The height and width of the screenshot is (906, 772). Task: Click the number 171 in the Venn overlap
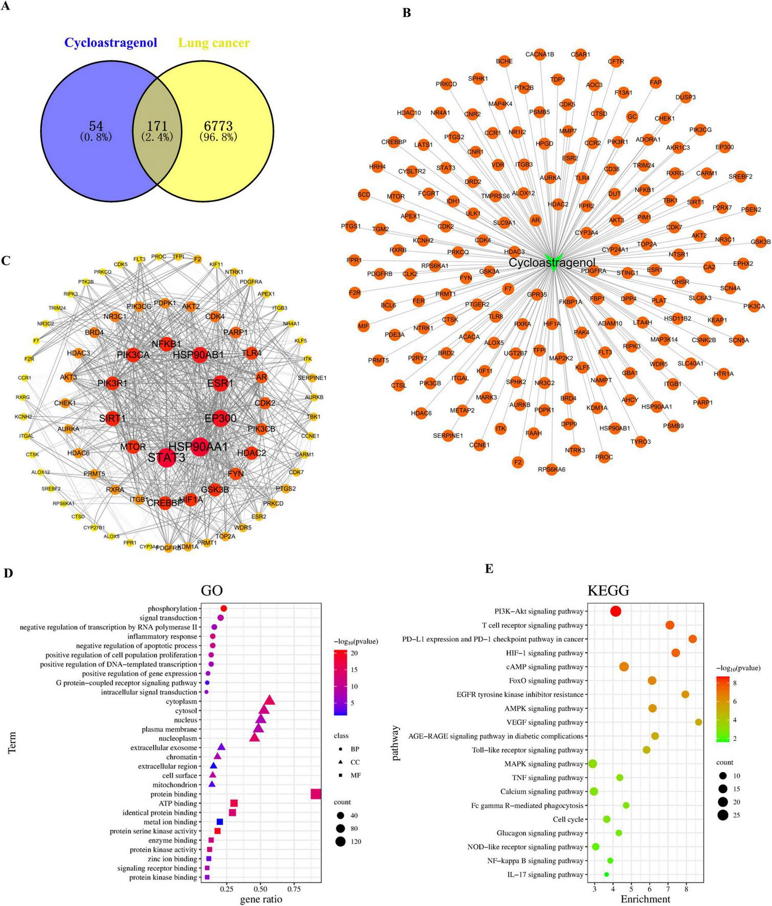point(157,125)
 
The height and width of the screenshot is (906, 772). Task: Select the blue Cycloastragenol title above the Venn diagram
point(111,43)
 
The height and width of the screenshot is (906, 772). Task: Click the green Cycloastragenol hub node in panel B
point(553,251)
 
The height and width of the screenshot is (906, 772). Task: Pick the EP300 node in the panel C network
point(220,418)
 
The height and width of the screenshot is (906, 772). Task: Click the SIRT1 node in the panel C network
point(113,418)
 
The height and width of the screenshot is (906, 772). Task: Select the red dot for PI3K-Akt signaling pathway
point(615,611)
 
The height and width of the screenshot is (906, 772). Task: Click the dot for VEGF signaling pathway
point(698,722)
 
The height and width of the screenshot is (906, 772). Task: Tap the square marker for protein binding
point(316,794)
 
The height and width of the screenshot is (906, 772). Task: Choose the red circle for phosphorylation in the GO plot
point(224,608)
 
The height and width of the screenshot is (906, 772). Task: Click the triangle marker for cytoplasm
point(269,700)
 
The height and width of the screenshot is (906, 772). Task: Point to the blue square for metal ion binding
point(220,822)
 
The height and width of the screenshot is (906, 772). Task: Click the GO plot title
point(211,591)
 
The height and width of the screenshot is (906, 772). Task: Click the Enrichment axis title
point(645,899)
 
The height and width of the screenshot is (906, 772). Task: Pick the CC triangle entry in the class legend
point(340,762)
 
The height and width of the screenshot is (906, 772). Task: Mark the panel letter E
point(490,569)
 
